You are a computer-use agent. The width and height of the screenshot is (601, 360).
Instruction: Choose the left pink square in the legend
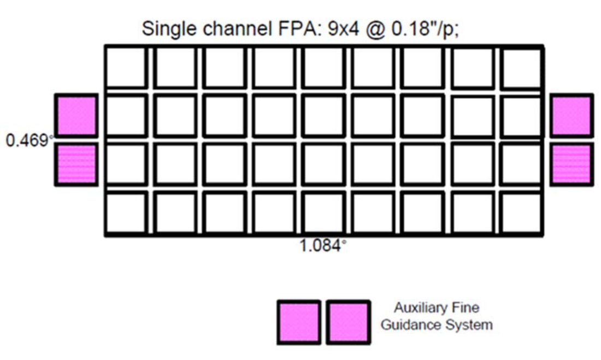(x=299, y=322)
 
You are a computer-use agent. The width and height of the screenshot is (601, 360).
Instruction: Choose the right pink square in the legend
(x=348, y=322)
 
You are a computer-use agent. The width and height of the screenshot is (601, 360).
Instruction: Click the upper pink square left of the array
(x=76, y=115)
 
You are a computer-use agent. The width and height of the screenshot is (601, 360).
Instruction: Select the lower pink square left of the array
(x=76, y=164)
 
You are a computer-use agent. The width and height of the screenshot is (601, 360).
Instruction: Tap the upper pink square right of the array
(x=571, y=115)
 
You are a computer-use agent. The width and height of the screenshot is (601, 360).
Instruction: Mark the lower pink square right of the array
(x=571, y=164)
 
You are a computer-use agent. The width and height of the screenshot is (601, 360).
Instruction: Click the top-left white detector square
(x=126, y=68)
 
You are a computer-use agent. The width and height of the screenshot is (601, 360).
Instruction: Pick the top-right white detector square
(x=521, y=68)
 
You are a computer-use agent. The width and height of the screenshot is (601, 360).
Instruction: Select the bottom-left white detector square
(x=126, y=212)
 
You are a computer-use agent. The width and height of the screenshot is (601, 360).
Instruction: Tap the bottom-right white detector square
(x=521, y=212)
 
